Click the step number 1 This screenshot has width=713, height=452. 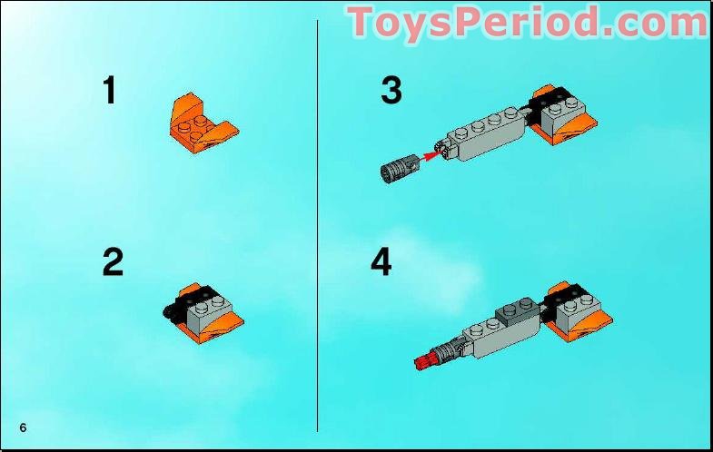tap(110, 91)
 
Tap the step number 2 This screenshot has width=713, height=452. tap(113, 262)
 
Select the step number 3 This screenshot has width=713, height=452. tap(391, 91)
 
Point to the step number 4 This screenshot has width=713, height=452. tap(381, 262)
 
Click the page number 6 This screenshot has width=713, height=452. tap(22, 427)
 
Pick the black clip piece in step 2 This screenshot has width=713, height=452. tap(170, 312)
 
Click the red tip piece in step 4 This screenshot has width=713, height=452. tap(422, 364)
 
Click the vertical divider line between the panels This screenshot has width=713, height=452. tap(317, 227)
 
